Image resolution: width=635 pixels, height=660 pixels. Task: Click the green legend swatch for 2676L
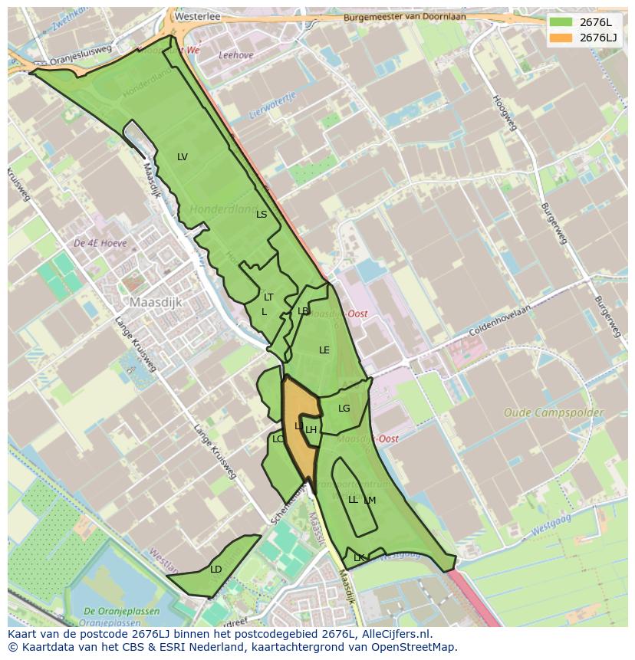(x=561, y=22)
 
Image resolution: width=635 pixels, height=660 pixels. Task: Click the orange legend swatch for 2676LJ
(x=561, y=38)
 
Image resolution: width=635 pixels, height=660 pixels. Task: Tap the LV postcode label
(x=183, y=157)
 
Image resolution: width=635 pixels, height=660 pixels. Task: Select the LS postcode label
(x=262, y=215)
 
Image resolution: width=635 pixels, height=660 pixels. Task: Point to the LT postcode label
(x=268, y=297)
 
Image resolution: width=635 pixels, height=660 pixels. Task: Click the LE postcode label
(x=324, y=350)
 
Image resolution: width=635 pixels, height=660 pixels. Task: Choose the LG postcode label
(x=344, y=409)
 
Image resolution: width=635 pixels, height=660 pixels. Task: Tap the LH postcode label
(x=311, y=430)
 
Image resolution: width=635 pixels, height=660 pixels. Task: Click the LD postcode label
(x=216, y=570)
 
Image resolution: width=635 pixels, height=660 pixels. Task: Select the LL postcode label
(x=353, y=500)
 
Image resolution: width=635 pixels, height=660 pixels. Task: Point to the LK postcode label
(x=358, y=558)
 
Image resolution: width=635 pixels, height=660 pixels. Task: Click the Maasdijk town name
(x=156, y=303)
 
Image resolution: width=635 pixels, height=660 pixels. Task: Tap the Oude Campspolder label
(x=553, y=412)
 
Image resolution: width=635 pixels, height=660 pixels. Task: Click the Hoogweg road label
(x=506, y=113)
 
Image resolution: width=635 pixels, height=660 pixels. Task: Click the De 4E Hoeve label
(x=100, y=243)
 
